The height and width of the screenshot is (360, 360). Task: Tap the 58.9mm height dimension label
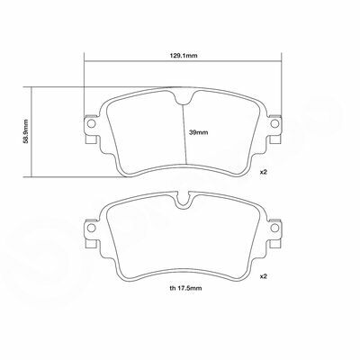[25, 131]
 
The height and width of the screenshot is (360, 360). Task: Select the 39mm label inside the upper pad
[199, 132]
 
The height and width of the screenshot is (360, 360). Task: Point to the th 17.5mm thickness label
[185, 288]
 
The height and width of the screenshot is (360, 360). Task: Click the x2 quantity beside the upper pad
[263, 172]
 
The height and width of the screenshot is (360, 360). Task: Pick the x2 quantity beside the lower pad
[263, 276]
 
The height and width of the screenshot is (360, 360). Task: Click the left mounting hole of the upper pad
[92, 123]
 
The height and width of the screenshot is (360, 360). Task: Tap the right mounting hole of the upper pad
[274, 123]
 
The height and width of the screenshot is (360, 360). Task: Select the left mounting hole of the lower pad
[92, 228]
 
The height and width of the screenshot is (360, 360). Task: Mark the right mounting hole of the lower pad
[274, 228]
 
